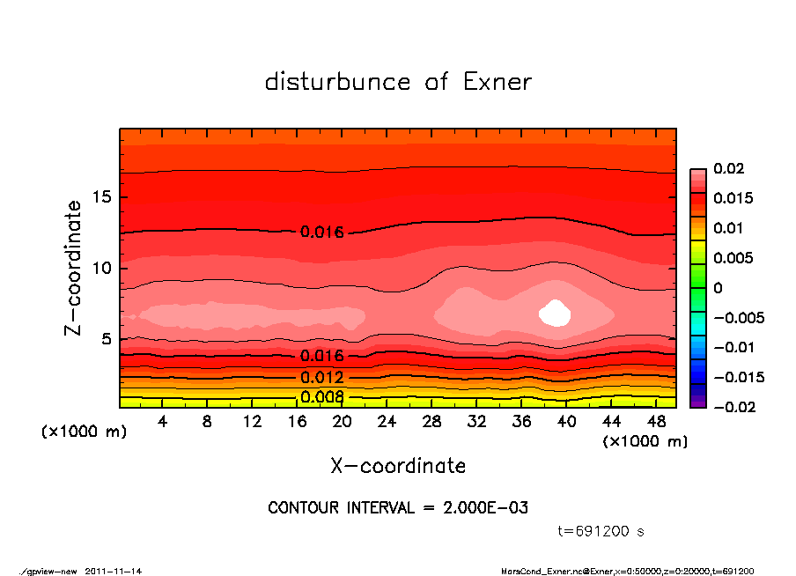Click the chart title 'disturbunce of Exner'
pos(398,82)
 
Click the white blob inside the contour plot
pos(555,313)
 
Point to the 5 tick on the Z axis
pos(107,339)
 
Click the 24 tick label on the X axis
pos(387,422)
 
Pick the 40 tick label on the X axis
pos(567,422)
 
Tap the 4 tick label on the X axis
pos(163,422)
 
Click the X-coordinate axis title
pos(398,465)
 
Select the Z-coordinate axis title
pos(74,268)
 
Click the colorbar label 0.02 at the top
pos(728,169)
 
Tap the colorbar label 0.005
pos(733,258)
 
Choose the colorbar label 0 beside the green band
pos(718,288)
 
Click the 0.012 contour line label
pos(322,378)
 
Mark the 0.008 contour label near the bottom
pos(322,396)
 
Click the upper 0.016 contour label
pos(322,233)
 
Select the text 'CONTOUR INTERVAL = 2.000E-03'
pos(398,508)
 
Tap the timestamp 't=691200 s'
pos(601,531)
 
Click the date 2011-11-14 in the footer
pos(113,571)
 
